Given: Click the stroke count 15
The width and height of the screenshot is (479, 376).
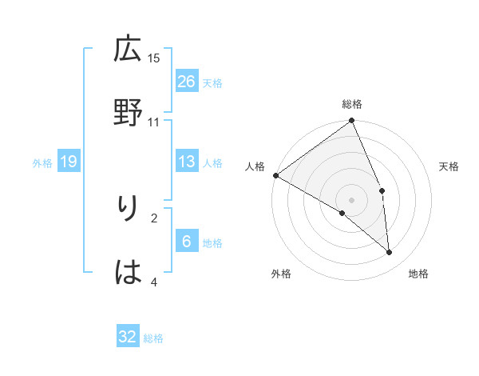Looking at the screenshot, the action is coord(154,58).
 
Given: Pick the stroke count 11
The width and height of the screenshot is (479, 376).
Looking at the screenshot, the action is coord(154,122).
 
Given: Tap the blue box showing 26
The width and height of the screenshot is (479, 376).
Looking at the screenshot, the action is coord(186,81).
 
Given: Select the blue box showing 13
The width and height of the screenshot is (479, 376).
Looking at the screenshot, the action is coord(186,162).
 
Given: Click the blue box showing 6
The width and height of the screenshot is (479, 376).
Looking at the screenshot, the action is coord(186,242).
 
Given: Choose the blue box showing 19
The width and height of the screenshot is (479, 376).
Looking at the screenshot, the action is coord(69,162).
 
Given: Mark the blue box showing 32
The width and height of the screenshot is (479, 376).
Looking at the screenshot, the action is coord(128,337).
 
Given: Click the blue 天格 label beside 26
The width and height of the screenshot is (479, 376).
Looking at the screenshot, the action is coord(212,82).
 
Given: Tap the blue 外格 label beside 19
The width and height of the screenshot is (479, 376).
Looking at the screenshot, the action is coord(42,163).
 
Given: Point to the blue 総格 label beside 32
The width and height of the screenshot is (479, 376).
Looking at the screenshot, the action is coord(153,338).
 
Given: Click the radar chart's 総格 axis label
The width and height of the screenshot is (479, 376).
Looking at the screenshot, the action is coord(352,104).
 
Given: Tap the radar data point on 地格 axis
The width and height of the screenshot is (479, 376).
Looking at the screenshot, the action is coord(390,253).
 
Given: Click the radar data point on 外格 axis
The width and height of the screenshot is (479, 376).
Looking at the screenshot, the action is coord(342,213).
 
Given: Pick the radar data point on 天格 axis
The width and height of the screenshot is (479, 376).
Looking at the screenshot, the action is coord(382,190).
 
